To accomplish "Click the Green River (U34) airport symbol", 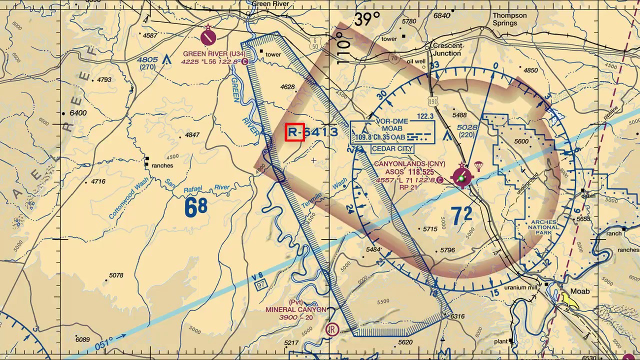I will point(208,37).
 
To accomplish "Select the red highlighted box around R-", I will point(294,132).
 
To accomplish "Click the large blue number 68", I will point(196,207).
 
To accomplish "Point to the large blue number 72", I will point(461,214).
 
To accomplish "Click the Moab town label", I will point(580,291).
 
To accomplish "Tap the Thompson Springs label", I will point(509,19).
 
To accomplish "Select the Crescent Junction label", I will point(447,49).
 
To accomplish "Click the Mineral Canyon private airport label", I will point(296,309).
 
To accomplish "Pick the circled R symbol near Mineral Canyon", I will point(332,329).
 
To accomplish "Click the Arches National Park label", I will point(543,227).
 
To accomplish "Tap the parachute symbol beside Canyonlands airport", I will point(478,165).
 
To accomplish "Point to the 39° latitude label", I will point(366,19).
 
